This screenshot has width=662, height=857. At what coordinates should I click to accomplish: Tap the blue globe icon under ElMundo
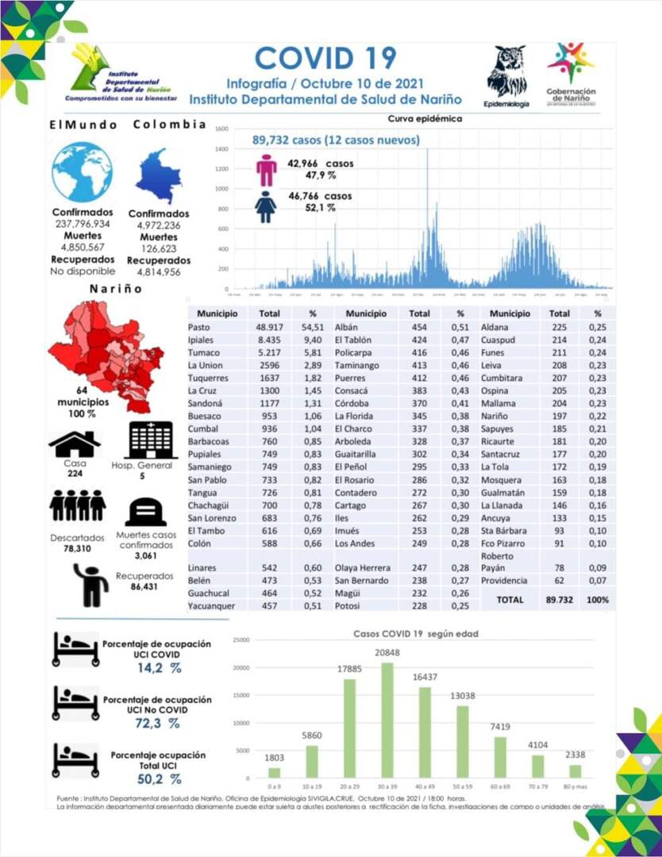point(82,173)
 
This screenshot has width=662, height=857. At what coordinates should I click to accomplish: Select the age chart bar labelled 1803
point(274,772)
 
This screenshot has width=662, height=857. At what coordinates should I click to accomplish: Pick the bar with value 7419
point(500,757)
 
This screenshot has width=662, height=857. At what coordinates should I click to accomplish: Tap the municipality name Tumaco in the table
point(202,352)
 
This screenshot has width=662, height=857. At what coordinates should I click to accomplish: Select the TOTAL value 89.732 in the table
point(560,600)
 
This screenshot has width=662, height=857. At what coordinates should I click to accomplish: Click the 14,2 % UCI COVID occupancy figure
point(159,668)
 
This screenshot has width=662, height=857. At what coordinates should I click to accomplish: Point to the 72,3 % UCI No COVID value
point(158,723)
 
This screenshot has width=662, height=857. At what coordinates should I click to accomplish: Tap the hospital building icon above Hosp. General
point(153,440)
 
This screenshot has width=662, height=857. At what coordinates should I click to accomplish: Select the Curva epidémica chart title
point(425,118)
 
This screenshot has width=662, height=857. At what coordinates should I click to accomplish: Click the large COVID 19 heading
point(325,57)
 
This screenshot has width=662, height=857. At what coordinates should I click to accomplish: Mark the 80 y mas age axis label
point(575,786)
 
